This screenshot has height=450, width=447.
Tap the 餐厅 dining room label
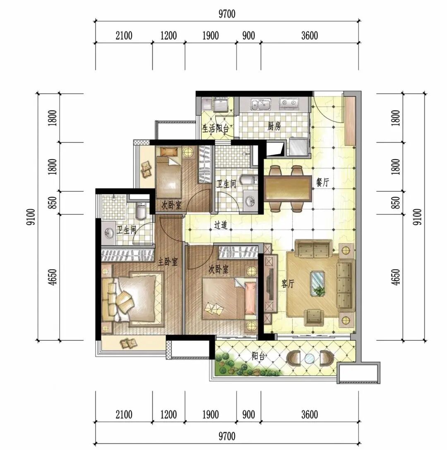pos(322,182)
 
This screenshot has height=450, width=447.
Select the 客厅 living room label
pos(288,284)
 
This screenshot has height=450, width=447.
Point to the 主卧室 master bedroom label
pos(168,261)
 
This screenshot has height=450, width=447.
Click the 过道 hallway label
pos(221,225)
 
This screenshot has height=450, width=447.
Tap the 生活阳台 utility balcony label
pos(216,128)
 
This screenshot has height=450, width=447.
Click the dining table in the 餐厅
pos(288,189)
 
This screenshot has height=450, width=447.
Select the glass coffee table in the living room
pos(318,283)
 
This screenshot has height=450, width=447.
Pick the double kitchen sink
pos(261,105)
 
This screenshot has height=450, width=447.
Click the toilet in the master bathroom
pos(141,210)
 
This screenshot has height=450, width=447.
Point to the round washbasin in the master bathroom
pos(109,233)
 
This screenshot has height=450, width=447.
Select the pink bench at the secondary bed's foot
pos(250,298)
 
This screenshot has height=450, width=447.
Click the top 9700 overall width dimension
pos(227,14)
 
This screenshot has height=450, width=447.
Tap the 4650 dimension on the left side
pos(53,277)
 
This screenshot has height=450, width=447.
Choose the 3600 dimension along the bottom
pos(310,414)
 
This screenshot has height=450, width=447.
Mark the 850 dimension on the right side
pos(395,202)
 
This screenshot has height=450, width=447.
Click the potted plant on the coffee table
pos(319,290)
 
